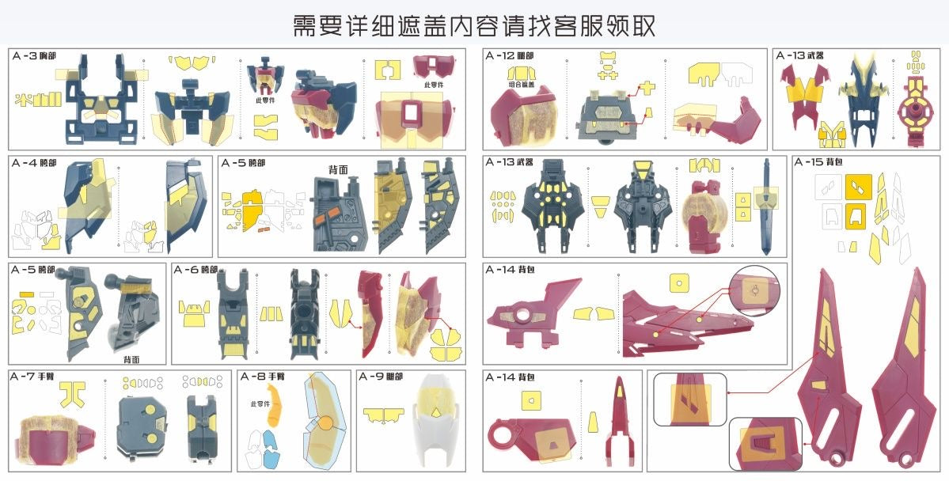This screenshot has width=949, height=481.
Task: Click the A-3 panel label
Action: click(34, 56)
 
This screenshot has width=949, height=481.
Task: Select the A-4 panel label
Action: click(34, 163)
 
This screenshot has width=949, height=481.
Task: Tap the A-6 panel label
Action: click(197, 270)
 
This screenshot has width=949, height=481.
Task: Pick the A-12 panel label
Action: click(510, 56)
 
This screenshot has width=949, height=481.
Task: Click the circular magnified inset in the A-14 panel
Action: click(754, 290)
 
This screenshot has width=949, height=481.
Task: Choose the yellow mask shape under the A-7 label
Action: click(76, 391)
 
